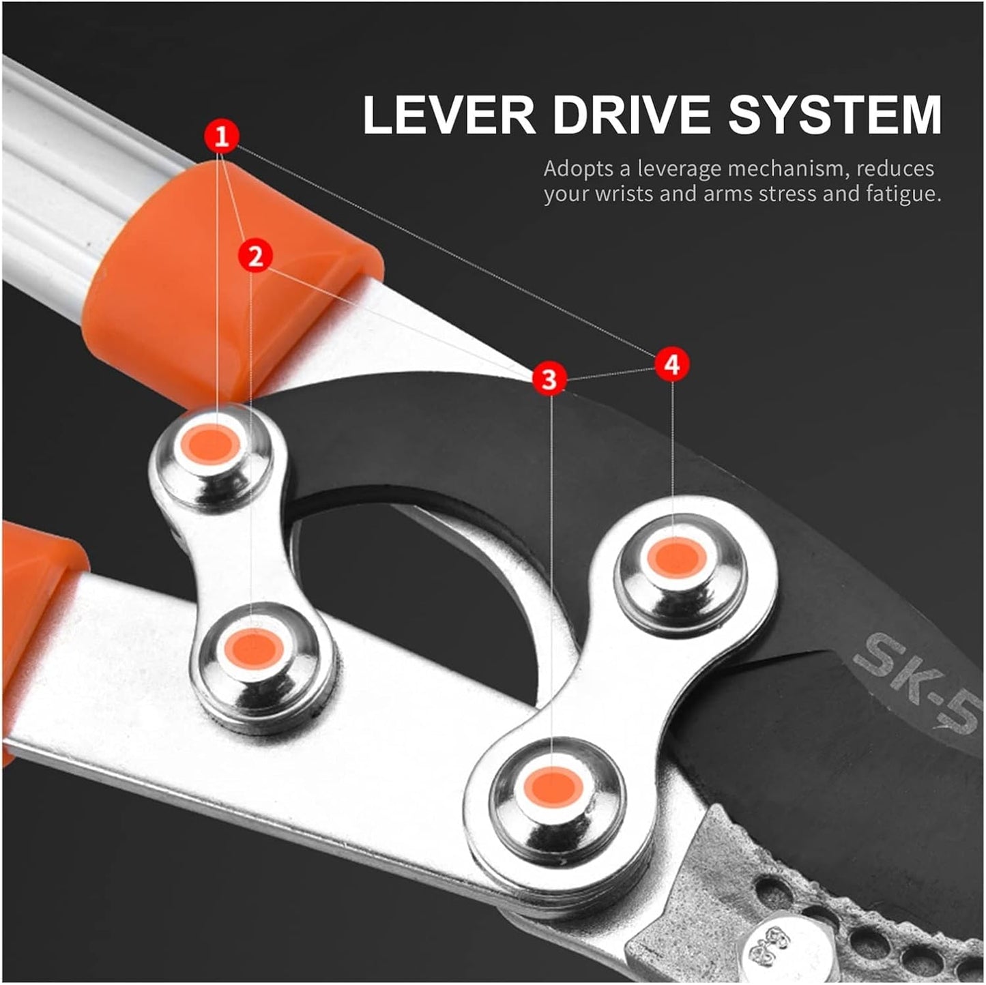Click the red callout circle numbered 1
coord(221,136)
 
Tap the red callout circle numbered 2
coord(255,255)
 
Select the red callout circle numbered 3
coord(549,379)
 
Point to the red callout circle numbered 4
coord(672,365)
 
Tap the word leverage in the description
coord(680,169)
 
